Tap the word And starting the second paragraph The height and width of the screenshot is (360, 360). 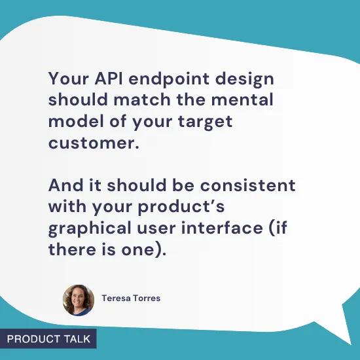(66, 185)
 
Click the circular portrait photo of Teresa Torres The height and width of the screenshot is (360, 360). (79, 300)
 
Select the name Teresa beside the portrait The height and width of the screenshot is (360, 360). (117, 298)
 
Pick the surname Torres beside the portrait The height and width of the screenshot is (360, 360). (147, 298)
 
